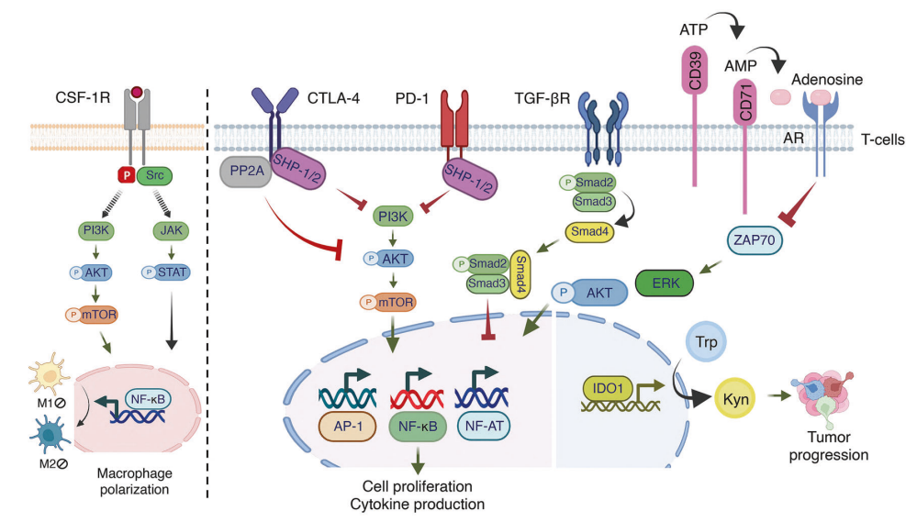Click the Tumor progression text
pyautogui.click(x=835, y=446)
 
